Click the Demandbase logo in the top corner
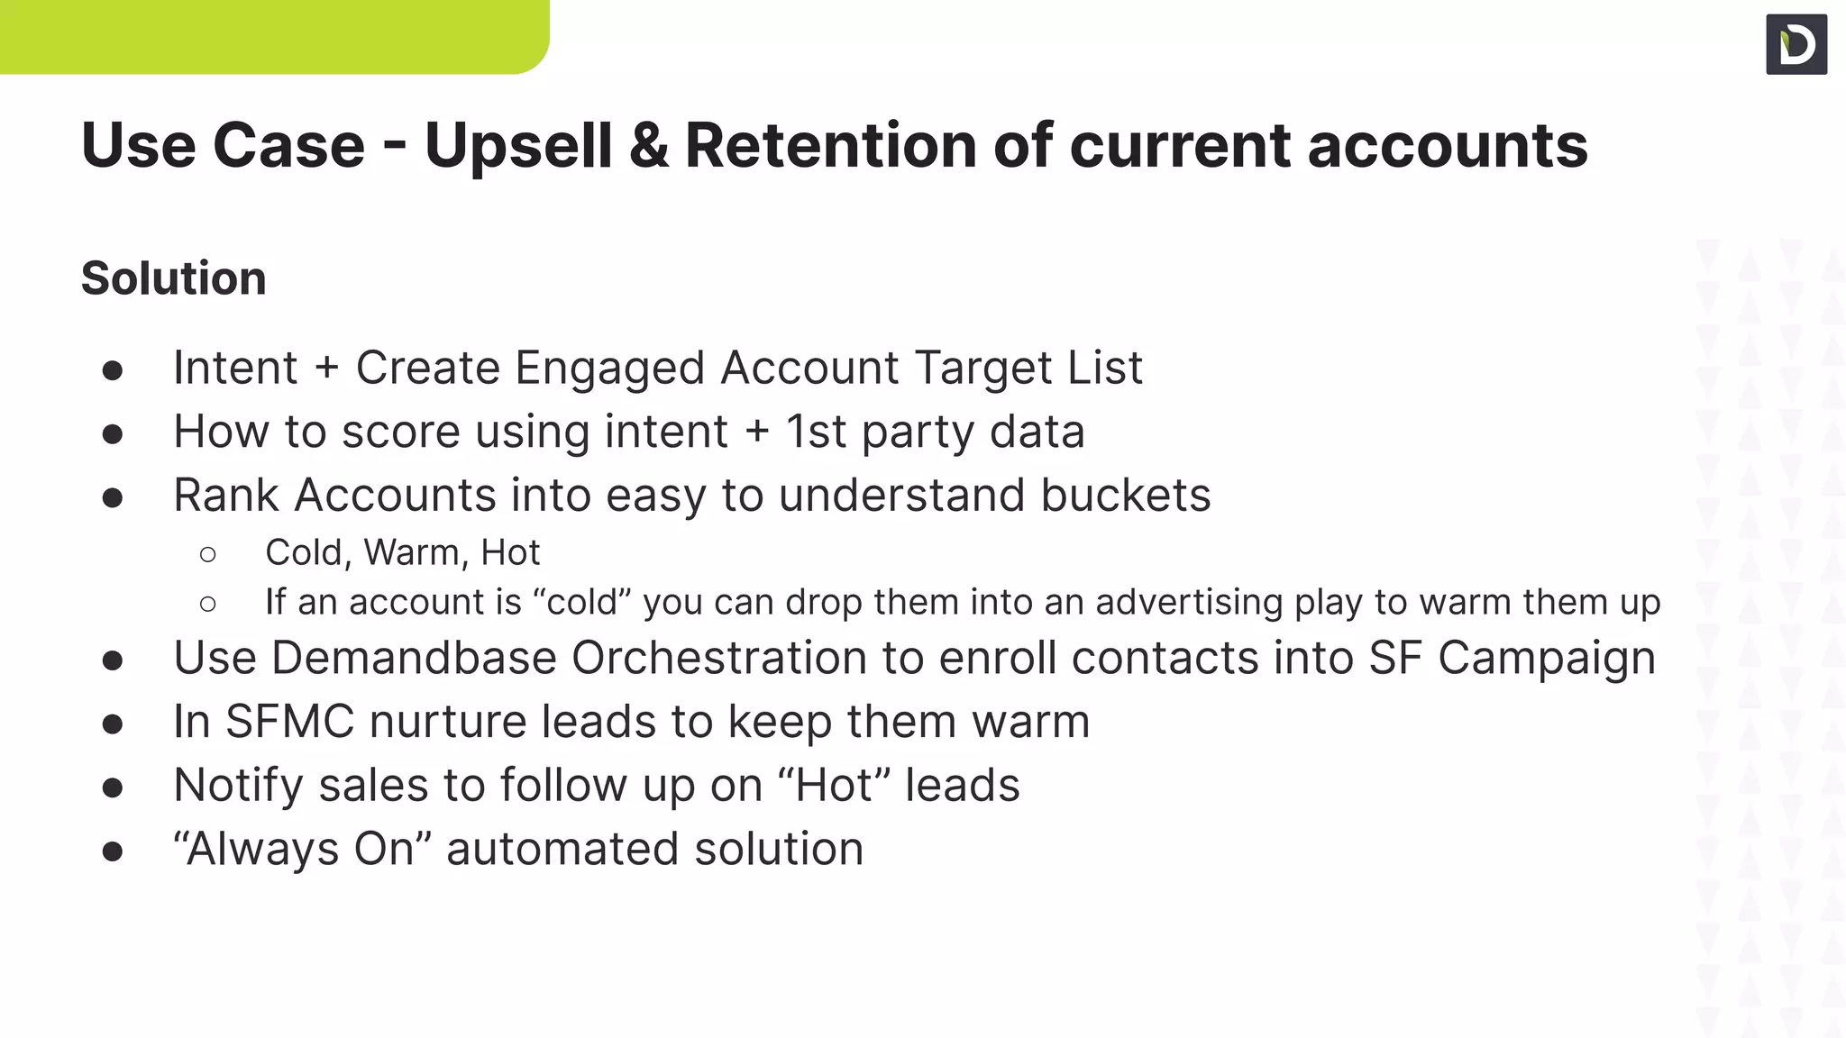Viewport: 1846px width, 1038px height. point(1796,44)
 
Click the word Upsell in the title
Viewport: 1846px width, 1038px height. point(517,145)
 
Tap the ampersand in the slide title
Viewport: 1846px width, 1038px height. point(649,145)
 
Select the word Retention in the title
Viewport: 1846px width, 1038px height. point(830,145)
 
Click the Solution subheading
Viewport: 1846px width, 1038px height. point(174,278)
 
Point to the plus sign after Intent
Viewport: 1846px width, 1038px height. point(326,369)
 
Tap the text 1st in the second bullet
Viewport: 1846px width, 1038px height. point(816,432)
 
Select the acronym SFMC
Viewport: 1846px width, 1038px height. point(289,722)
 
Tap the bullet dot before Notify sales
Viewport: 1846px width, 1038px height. point(113,788)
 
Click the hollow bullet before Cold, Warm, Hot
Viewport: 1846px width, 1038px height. point(208,554)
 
